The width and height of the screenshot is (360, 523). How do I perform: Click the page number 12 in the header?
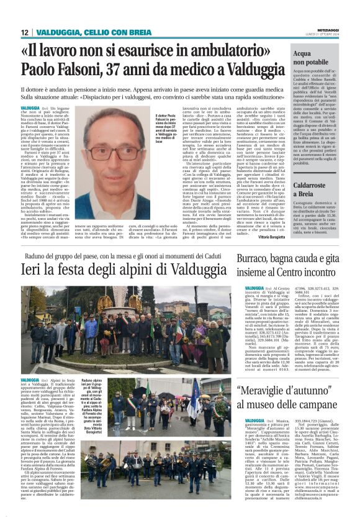click(25, 32)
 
